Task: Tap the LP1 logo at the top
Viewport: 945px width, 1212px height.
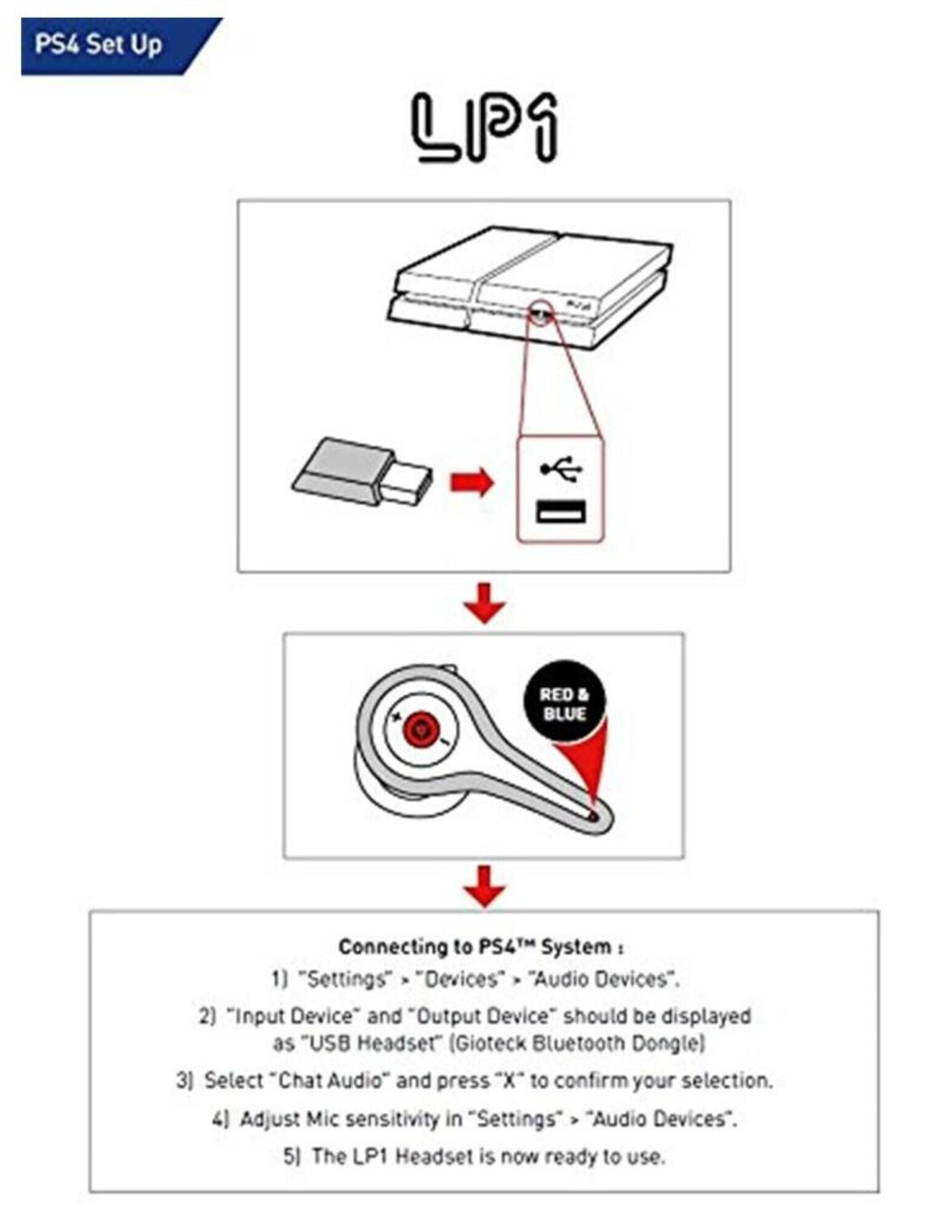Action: pos(485,128)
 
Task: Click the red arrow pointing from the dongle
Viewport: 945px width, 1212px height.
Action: pos(472,484)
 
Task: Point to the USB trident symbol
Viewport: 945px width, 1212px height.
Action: pos(561,468)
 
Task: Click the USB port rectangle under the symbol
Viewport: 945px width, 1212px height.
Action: pos(561,512)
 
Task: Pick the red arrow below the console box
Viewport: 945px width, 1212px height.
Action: pos(485,602)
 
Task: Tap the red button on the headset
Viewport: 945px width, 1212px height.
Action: pos(420,729)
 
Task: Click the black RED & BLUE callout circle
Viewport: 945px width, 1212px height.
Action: pos(564,704)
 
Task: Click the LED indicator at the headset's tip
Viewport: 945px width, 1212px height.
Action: pos(596,817)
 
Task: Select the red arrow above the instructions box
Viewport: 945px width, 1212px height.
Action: pos(485,885)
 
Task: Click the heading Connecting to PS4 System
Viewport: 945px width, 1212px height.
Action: pos(480,947)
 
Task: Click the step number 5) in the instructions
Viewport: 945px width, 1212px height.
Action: pos(292,1156)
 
